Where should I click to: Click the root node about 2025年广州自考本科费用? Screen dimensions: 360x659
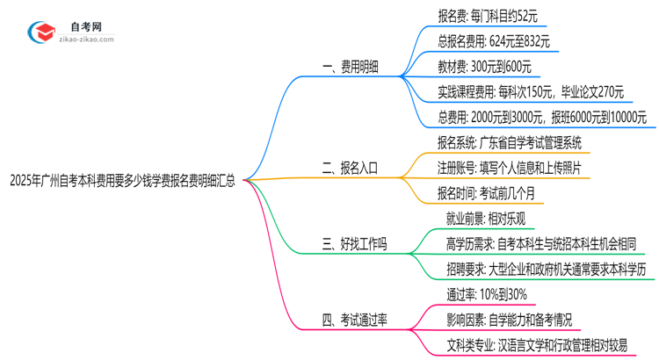[122, 182]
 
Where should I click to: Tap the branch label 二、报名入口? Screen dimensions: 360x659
[350, 167]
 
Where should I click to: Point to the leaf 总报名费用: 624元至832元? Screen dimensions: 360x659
[494, 41]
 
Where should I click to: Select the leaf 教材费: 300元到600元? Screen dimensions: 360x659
[484, 66]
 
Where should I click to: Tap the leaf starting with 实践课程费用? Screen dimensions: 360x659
[531, 91]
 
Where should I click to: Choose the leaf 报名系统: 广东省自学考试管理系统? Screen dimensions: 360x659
[509, 142]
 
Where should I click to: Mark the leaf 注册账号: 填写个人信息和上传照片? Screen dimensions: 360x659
[509, 167]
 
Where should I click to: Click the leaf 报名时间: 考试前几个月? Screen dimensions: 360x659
[486, 192]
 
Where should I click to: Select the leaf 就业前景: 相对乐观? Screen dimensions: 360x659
[486, 218]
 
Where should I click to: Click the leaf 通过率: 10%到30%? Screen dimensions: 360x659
[486, 294]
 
